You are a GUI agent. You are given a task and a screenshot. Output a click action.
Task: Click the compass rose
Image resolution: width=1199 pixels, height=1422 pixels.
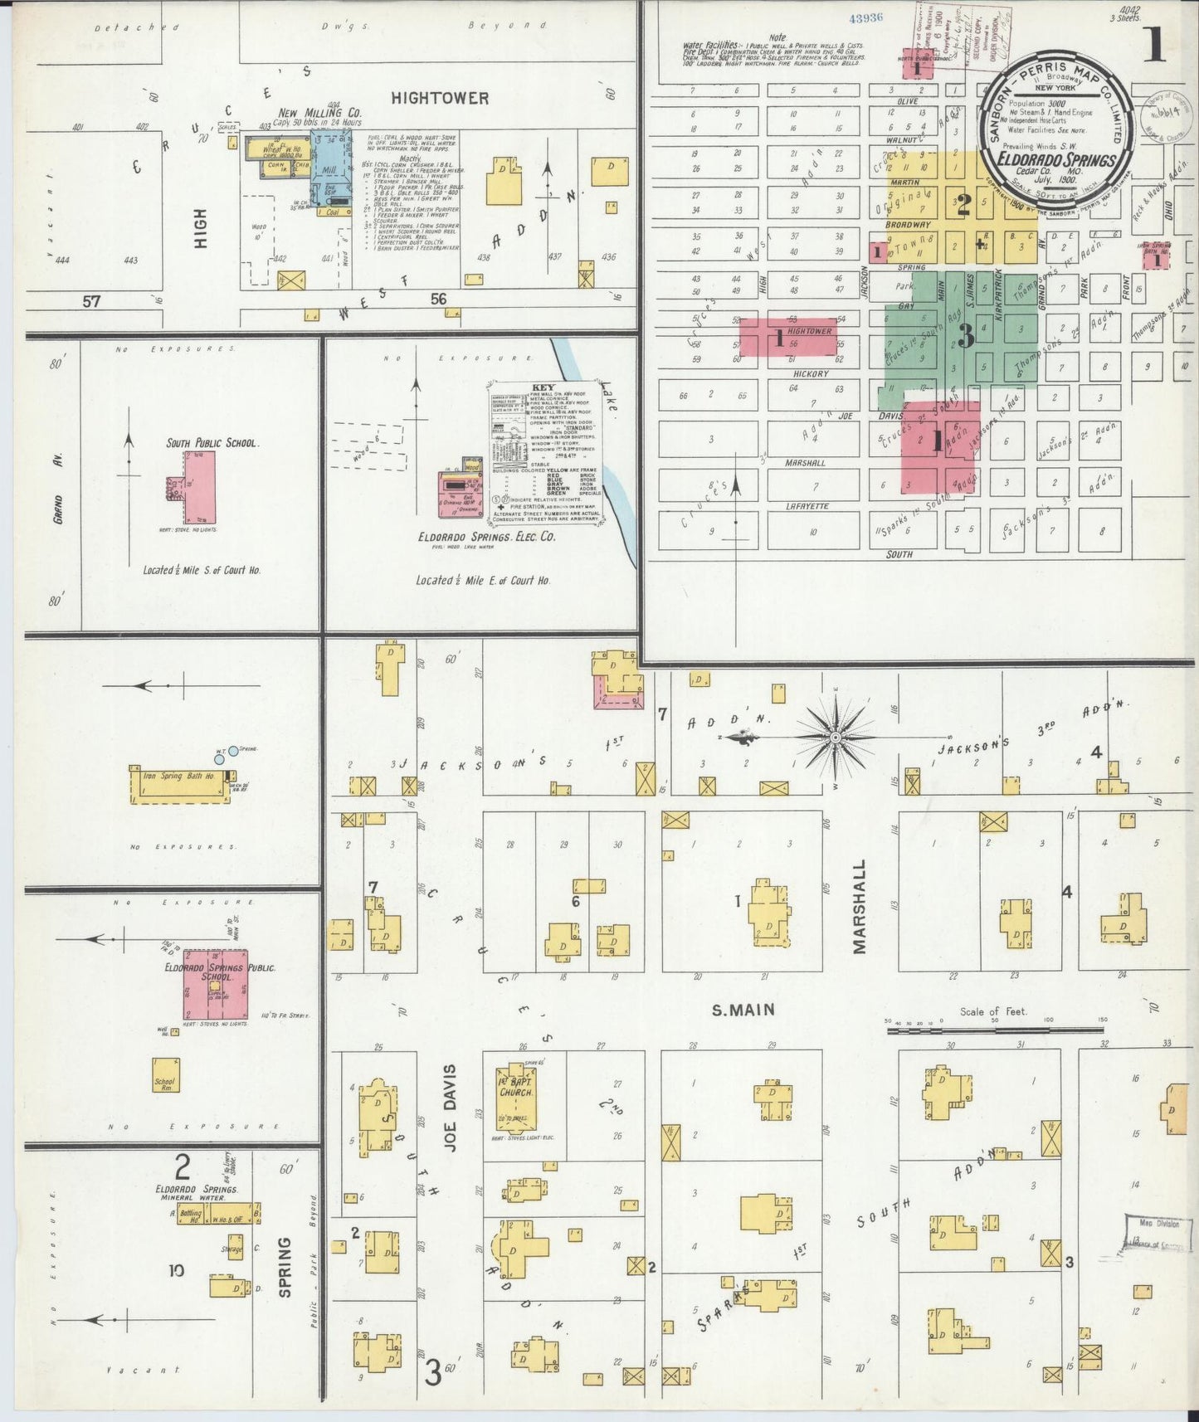tap(836, 736)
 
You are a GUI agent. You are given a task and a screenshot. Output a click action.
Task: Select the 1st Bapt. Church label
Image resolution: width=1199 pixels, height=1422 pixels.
tap(515, 1087)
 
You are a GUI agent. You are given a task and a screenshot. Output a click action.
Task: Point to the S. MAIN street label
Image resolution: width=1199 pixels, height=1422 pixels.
tap(743, 1010)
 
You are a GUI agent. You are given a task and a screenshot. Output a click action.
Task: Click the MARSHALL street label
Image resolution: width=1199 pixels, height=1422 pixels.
tap(859, 907)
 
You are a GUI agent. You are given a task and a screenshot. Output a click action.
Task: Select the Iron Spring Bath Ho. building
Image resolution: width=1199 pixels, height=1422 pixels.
tap(179, 784)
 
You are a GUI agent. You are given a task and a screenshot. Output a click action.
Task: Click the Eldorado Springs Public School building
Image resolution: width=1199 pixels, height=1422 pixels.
tap(215, 984)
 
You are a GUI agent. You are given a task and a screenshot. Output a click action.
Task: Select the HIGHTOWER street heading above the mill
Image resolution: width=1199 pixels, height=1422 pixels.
tap(440, 98)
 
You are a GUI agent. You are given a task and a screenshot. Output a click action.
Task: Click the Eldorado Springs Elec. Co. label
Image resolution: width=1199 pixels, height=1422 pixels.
tap(486, 537)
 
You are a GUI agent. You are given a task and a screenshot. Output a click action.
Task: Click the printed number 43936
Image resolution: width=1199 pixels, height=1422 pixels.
tap(866, 17)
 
